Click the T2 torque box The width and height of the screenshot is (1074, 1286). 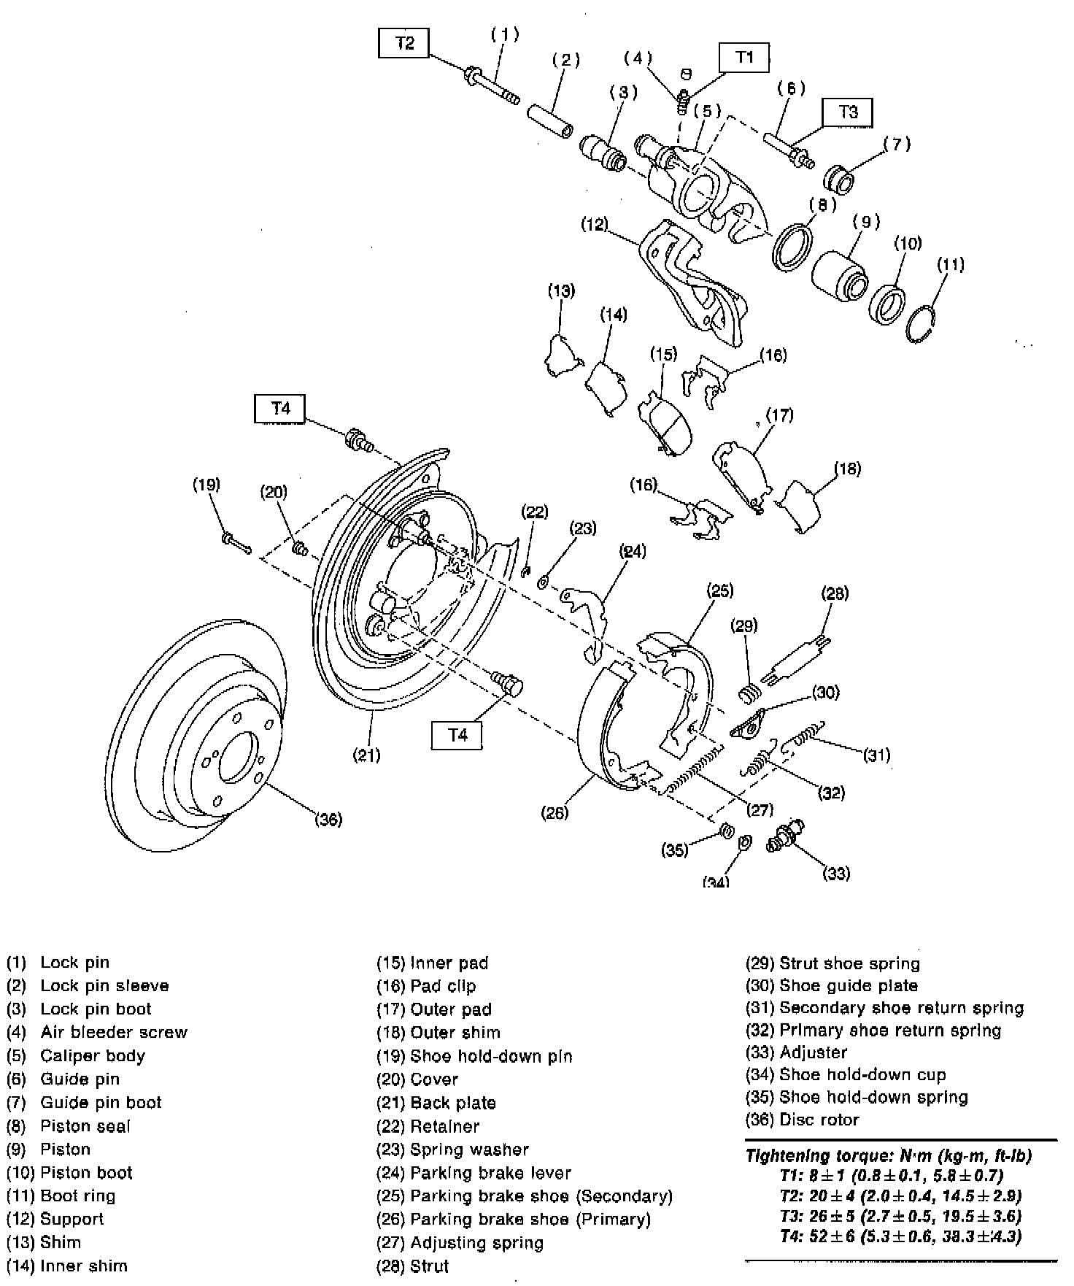pyautogui.click(x=404, y=44)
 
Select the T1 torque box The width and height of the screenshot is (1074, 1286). pyautogui.click(x=743, y=58)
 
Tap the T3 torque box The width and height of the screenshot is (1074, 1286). pyautogui.click(x=847, y=112)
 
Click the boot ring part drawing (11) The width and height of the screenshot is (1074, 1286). pyautogui.click(x=922, y=321)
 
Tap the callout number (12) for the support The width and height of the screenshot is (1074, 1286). pyautogui.click(x=595, y=224)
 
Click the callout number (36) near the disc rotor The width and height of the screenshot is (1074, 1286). pyautogui.click(x=328, y=820)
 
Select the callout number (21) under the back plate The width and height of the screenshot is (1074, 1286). pyautogui.click(x=366, y=755)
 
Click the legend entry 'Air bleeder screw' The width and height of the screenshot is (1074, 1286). pyautogui.click(x=114, y=1032)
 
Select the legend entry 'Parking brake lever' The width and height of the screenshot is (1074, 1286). pyautogui.click(x=490, y=1173)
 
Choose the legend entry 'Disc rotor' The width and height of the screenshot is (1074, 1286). pyautogui.click(x=819, y=1120)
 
